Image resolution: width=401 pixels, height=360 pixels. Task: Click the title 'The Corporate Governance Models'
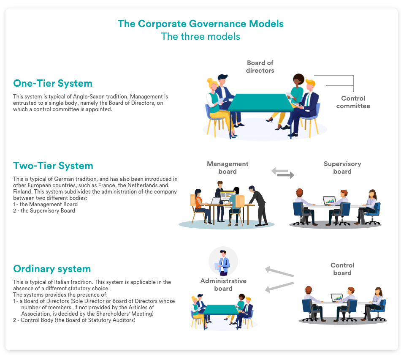tap(200, 24)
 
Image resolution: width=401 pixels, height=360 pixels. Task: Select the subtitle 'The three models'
tap(200, 36)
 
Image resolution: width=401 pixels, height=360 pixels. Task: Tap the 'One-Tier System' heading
tap(53, 83)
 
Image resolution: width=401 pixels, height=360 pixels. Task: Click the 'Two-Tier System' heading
tap(53, 165)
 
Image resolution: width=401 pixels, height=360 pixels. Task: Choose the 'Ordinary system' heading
tap(52, 269)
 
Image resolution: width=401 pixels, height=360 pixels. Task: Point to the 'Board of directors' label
tap(260, 67)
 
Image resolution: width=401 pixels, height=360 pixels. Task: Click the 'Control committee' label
tap(353, 102)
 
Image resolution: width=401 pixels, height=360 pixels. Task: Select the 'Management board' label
tap(228, 168)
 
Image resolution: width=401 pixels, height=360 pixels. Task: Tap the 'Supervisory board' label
tap(342, 168)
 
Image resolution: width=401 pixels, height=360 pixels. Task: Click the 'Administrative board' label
tap(223, 285)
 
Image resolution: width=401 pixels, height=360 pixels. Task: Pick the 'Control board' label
tap(342, 269)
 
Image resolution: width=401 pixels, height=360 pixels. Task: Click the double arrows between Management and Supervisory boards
tap(282, 173)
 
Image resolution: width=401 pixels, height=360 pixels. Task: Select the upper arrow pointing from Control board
tap(279, 272)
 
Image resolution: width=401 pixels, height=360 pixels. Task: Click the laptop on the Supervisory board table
tap(329, 200)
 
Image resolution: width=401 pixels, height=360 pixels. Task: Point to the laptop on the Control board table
tap(337, 298)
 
